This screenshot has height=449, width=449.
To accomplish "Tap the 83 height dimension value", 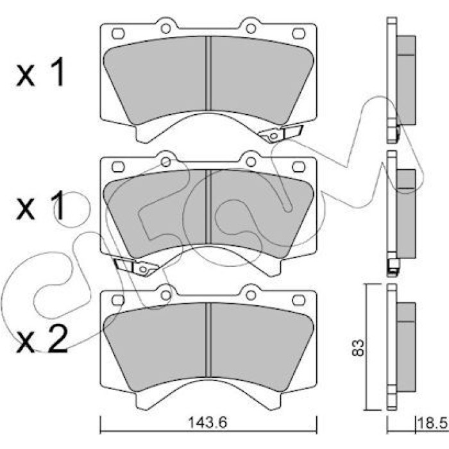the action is click(x=358, y=348).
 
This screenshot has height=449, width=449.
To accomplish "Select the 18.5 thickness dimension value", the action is click(x=433, y=423).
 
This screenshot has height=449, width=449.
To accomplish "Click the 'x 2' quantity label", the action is click(x=42, y=339).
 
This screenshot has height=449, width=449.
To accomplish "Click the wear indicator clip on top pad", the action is click(x=280, y=133).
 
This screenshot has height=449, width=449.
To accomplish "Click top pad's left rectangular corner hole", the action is click(x=118, y=33).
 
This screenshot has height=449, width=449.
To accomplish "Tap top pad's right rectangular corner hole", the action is click(x=299, y=33).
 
